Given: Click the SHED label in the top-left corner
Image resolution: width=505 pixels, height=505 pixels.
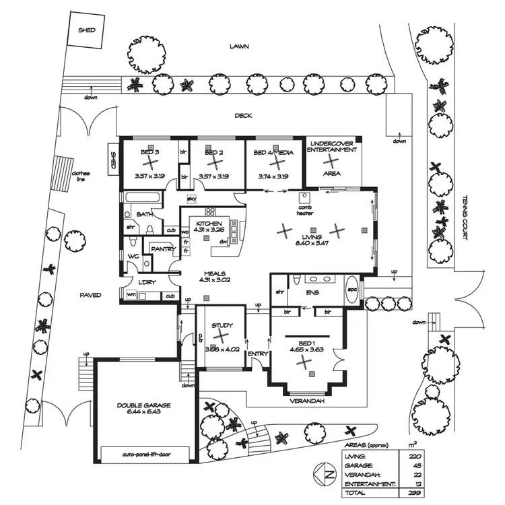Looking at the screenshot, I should (x=87, y=30).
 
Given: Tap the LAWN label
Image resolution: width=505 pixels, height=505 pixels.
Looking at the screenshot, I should (x=239, y=47).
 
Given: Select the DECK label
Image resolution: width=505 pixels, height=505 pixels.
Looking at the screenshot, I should (x=243, y=115).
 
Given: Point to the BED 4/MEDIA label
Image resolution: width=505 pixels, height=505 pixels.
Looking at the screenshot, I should (x=274, y=154).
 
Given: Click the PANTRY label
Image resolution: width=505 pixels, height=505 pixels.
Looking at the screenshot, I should (x=163, y=249).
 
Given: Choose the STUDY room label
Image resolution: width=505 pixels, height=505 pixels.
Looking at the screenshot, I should (x=222, y=327).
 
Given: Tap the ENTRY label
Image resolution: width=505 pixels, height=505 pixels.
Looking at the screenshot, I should (x=257, y=354).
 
